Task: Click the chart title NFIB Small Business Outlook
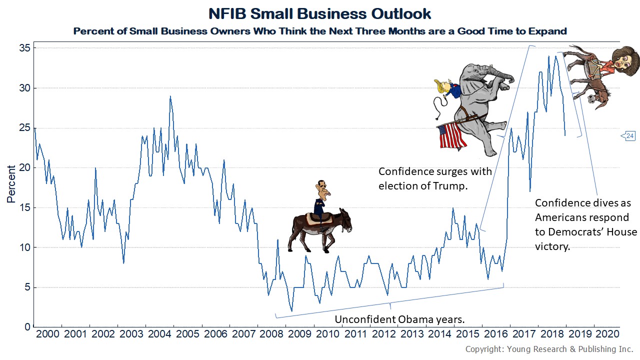[319, 13]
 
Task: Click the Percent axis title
[11, 188]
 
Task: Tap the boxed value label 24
[629, 136]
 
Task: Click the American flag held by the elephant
[451, 136]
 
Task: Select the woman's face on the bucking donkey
[627, 59]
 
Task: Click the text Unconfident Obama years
[400, 319]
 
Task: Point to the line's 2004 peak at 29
[170, 96]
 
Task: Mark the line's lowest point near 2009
[291, 311]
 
